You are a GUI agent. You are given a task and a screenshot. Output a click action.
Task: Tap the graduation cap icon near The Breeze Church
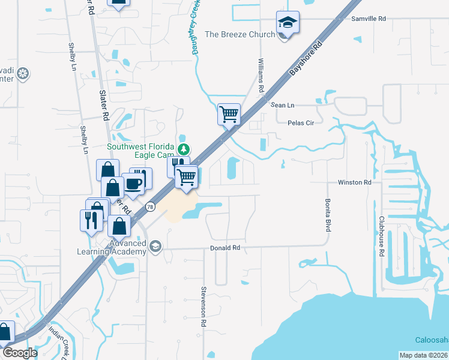pyautogui.click(x=288, y=23)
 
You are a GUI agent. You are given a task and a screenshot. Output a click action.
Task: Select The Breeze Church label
pyautogui.click(x=240, y=34)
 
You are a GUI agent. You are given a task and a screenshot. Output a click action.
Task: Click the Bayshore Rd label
pyautogui.click(x=306, y=58)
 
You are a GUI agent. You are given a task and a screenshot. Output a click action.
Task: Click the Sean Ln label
pyautogui.click(x=283, y=105)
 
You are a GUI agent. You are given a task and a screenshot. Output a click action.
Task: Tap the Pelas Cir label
pyautogui.click(x=301, y=122)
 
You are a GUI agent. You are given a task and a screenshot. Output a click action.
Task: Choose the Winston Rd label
pyautogui.click(x=355, y=182)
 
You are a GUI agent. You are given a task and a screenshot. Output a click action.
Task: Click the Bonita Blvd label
pyautogui.click(x=328, y=215)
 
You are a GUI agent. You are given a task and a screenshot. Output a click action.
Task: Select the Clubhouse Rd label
pyautogui.click(x=381, y=236)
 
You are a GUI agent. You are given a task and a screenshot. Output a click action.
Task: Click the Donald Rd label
pyautogui.click(x=225, y=247)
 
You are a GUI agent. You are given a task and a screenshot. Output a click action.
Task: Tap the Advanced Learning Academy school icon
pyautogui.click(x=155, y=247)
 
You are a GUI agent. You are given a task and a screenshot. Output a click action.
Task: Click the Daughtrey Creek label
pyautogui.click(x=196, y=27)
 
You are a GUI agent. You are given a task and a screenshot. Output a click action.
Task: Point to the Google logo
pyautogui.click(x=19, y=353)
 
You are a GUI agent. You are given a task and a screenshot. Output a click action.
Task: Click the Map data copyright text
pyautogui.click(x=423, y=355)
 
